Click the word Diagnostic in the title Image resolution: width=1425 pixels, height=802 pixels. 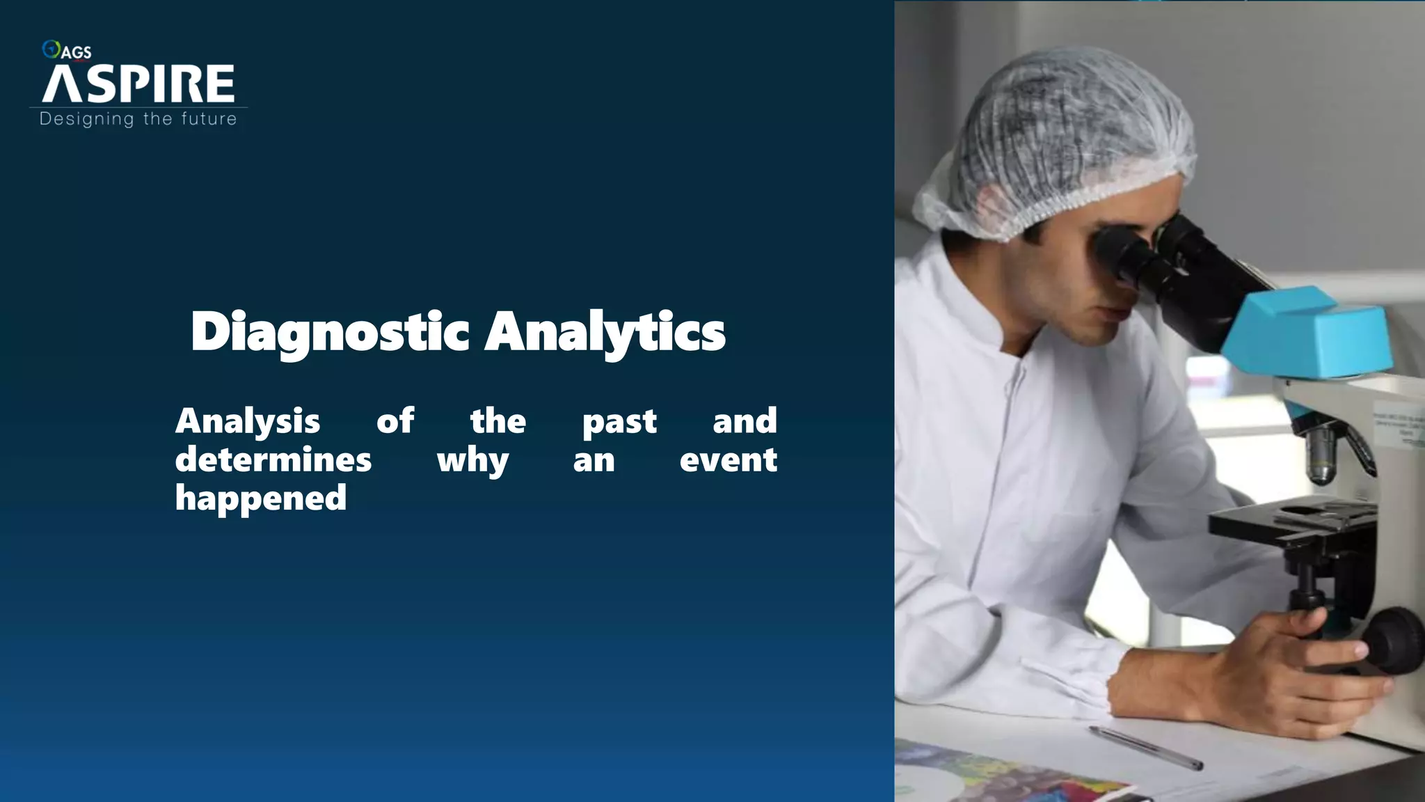(330, 333)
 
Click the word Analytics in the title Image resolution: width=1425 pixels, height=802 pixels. (605, 333)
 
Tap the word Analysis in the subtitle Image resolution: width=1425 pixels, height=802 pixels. (248, 421)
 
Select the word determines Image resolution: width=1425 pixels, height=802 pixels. (273, 459)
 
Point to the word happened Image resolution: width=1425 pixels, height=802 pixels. (261, 498)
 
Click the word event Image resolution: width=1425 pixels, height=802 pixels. (728, 459)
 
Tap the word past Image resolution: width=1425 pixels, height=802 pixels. (619, 422)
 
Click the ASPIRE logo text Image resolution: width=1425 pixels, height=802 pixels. (138, 84)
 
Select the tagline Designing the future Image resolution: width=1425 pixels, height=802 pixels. (138, 119)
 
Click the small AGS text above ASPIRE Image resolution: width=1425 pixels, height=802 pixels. (77, 52)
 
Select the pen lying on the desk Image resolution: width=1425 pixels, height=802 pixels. (1145, 748)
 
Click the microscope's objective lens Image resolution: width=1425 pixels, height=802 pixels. (1320, 456)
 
